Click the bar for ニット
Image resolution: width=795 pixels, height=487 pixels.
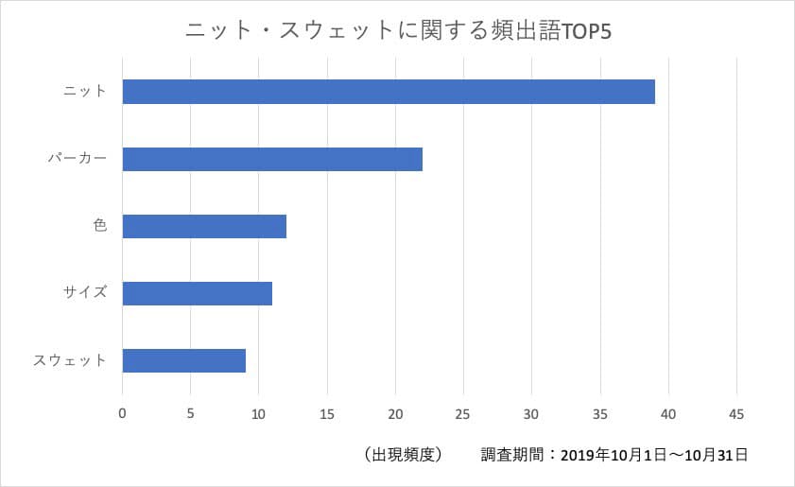coord(389,92)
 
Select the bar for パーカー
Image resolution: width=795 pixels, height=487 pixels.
coord(272,159)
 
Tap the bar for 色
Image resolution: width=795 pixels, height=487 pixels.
coord(204,227)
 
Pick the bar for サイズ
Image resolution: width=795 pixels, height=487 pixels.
coord(198,293)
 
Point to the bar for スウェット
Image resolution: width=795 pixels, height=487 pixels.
coord(184,360)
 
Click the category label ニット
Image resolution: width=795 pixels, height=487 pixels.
coord(84,92)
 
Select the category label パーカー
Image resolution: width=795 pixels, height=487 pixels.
coord(78,159)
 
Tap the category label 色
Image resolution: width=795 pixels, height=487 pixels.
coord(100,227)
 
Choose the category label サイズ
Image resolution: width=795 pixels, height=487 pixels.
coord(85,293)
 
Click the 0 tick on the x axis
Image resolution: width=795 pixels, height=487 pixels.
coord(122,413)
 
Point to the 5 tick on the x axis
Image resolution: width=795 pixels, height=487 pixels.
coord(191,413)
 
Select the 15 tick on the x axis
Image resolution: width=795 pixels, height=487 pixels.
coord(327,413)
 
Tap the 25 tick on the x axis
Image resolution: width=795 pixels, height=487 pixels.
coord(463,413)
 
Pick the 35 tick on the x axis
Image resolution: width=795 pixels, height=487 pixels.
coord(600,413)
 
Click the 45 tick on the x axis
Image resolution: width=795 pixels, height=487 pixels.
coord(736,413)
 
